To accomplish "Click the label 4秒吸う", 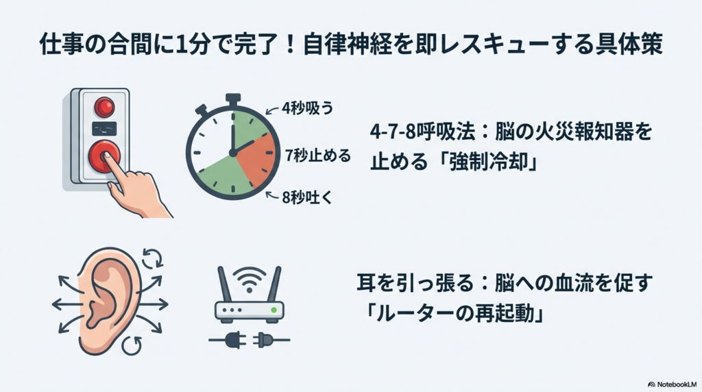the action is point(308,108).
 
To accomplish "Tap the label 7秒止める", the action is point(318,156).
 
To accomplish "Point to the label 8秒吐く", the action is point(307,197).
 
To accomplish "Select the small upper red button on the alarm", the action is point(104,107).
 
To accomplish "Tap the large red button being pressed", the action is point(104,157).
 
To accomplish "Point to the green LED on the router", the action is point(274,310).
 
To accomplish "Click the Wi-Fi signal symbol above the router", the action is point(249,279).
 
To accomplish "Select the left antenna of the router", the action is point(225,284).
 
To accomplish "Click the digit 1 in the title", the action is point(181,45).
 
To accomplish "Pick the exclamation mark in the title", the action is point(291,46).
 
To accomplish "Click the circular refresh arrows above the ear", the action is point(152,258).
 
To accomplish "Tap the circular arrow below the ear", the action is point(132,345).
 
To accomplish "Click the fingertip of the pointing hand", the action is point(106,157).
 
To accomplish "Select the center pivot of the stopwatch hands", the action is point(233,153).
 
